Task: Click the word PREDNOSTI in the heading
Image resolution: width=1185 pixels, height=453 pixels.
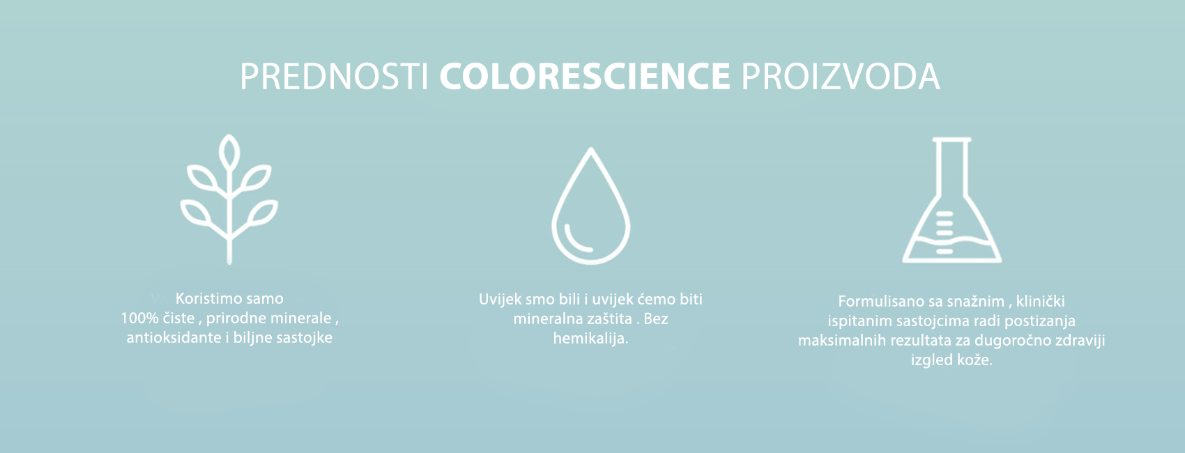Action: [x=335, y=77]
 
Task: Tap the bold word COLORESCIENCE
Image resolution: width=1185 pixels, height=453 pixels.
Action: [x=585, y=77]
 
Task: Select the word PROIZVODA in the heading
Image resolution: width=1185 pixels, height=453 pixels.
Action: [x=840, y=77]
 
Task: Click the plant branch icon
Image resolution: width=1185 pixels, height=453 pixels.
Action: [x=229, y=199]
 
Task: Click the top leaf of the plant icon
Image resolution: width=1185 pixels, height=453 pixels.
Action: [x=229, y=153]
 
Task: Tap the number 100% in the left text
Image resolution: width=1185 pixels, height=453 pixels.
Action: [x=139, y=318]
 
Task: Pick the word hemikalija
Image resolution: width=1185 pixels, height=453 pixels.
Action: [x=590, y=338]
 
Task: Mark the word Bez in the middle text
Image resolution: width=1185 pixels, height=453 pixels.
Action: [x=656, y=318]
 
